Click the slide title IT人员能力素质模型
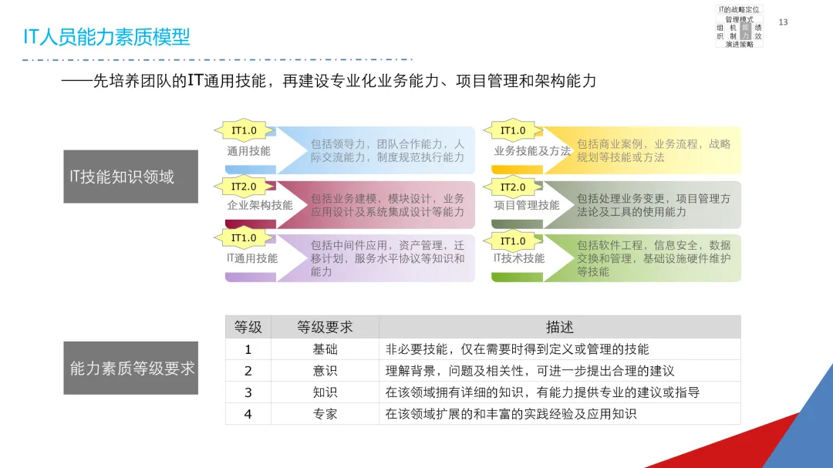[x=106, y=37]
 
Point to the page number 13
[x=783, y=22]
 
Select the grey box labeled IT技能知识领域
[x=130, y=177]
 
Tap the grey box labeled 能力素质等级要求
[x=130, y=368]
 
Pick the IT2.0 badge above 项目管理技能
[x=513, y=187]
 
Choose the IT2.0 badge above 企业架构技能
[x=244, y=187]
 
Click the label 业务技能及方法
[x=532, y=151]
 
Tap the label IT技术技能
[x=519, y=258]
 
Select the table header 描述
[x=559, y=327]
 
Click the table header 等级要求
[x=325, y=327]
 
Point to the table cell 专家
[x=325, y=414]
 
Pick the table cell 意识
[x=325, y=371]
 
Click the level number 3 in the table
[x=248, y=392]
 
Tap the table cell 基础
[x=325, y=349]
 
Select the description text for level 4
[x=511, y=414]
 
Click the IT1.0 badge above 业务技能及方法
[x=513, y=131]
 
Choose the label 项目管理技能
[x=527, y=205]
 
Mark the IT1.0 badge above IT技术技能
[x=513, y=241]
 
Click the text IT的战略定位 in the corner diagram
[x=739, y=9]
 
